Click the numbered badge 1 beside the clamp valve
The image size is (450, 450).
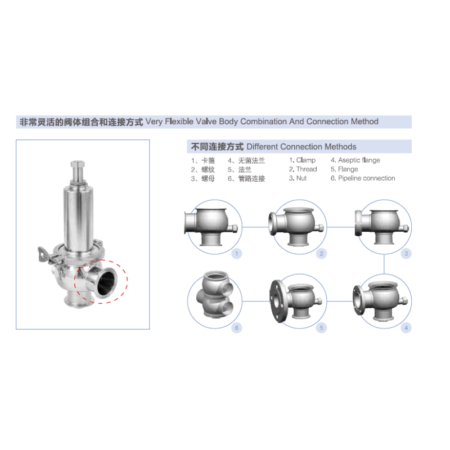236,254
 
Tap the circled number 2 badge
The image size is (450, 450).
321,254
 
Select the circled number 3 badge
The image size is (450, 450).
406,254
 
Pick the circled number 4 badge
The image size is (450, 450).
406,328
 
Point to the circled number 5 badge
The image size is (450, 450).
321,328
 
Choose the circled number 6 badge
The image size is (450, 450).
236,328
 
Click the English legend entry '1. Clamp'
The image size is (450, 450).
302,160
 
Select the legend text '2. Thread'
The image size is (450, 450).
303,169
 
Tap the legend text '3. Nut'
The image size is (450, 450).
298,178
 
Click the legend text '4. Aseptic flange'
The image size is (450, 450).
355,160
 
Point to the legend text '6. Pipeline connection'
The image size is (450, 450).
363,178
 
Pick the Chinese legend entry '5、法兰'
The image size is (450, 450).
240,170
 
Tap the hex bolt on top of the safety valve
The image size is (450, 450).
78,164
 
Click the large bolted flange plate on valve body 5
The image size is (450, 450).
276,301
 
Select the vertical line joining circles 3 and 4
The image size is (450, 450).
384,264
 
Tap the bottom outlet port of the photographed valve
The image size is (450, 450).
78,301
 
